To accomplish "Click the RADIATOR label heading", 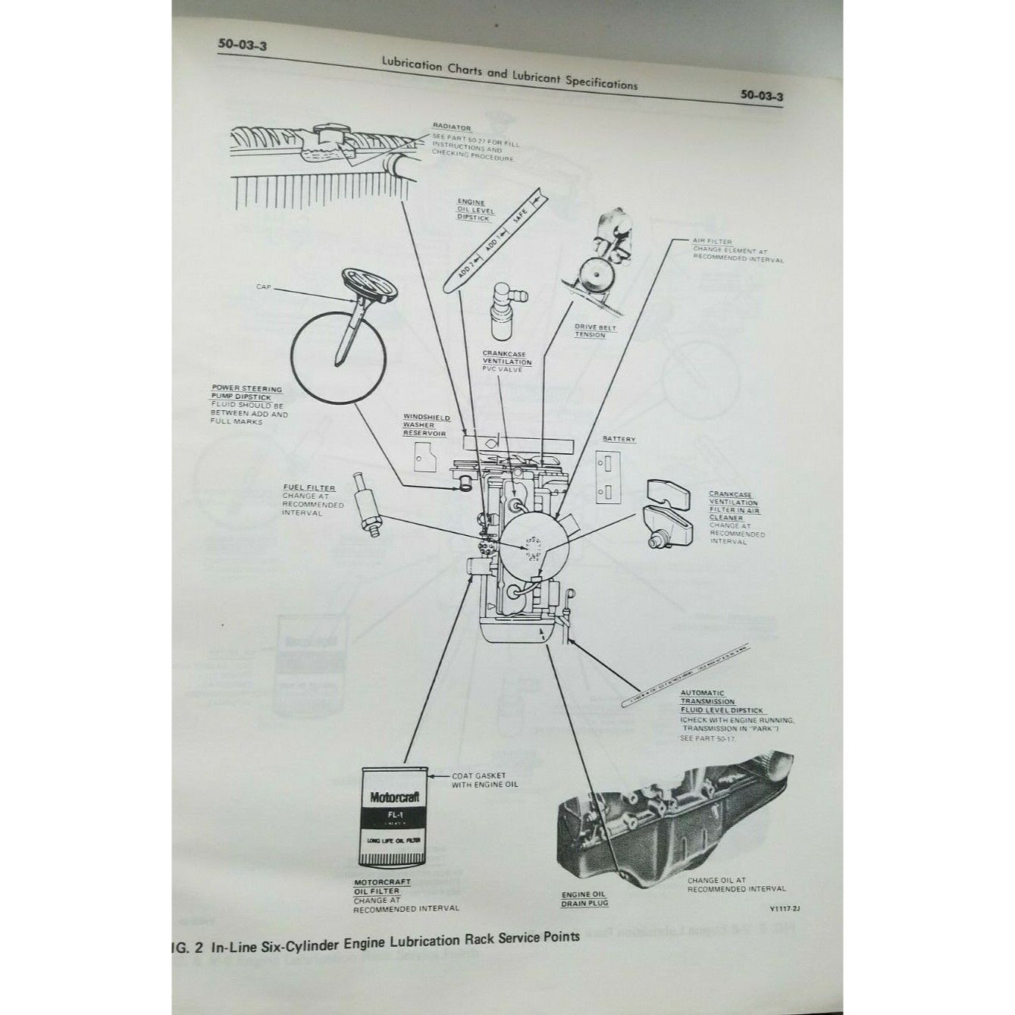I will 452,127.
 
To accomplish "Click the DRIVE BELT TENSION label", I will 591,331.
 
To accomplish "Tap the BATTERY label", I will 619,439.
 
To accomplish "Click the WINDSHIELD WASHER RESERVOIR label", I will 426,425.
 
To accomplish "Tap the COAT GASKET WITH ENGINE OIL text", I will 484,780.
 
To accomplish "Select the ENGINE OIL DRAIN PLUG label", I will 584,899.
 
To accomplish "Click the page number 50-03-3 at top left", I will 241,45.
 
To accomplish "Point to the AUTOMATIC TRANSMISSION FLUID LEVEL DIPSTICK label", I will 710,702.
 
